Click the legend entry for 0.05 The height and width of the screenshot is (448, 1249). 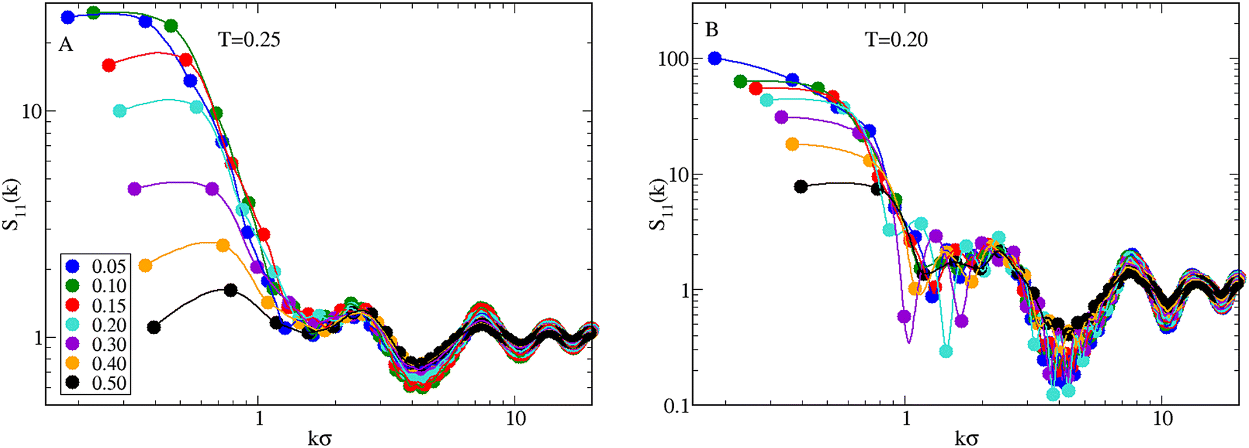click(x=97, y=266)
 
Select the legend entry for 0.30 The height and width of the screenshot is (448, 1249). click(x=97, y=344)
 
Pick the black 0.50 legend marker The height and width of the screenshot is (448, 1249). click(x=73, y=383)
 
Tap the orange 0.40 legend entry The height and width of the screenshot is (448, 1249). click(x=97, y=364)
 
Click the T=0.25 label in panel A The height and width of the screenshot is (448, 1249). click(x=249, y=40)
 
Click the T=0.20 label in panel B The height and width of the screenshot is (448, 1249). click(x=896, y=40)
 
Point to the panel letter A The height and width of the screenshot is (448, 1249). click(x=65, y=45)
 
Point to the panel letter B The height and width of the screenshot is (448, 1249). click(x=712, y=30)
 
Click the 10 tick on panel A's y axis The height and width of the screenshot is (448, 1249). click(x=30, y=111)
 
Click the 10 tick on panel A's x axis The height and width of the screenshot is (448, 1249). click(x=515, y=419)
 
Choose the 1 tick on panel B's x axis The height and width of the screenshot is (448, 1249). click(x=906, y=419)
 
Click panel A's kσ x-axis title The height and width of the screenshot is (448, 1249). click(x=319, y=438)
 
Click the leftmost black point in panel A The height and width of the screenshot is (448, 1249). click(x=154, y=327)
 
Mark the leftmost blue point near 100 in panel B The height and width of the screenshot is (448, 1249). click(x=714, y=58)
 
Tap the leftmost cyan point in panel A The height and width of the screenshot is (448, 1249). click(x=120, y=111)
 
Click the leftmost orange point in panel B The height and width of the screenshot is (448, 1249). click(x=792, y=144)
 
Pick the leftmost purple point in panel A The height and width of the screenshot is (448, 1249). click(x=134, y=189)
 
